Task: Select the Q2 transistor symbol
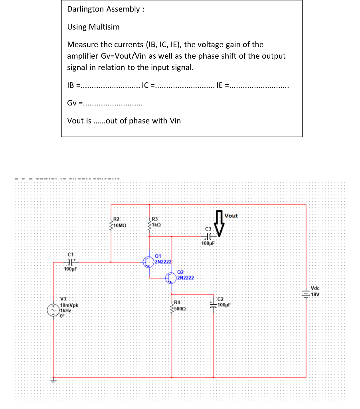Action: tap(171, 277)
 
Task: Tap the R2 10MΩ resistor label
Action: tap(119, 223)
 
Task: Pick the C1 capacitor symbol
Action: tap(70, 262)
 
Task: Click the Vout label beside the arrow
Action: tap(231, 216)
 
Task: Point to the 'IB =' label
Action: tap(73, 85)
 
